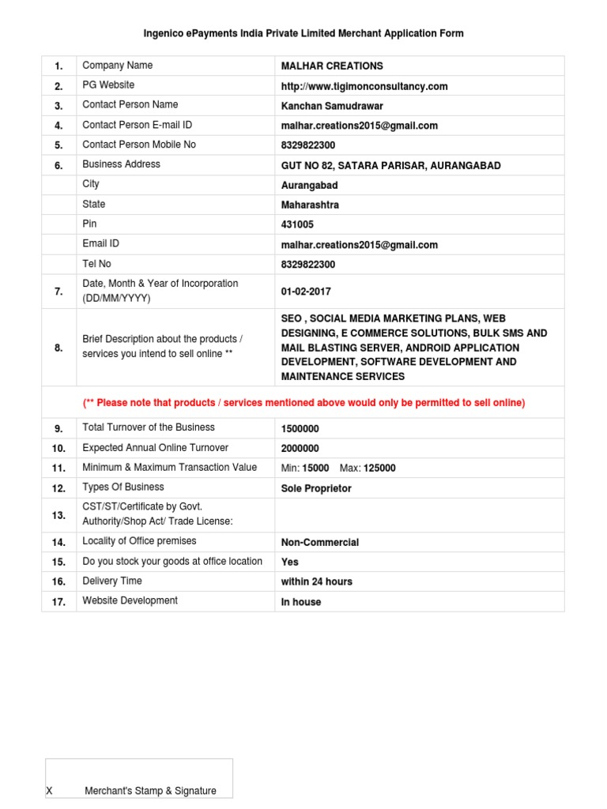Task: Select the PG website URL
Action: coord(364,86)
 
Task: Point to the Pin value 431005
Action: coord(297,224)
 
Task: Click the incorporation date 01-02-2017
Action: coord(306,292)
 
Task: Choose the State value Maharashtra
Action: coord(310,205)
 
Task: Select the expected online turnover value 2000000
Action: coord(300,449)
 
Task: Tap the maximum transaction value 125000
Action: coord(379,468)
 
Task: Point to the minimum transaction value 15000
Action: coord(315,468)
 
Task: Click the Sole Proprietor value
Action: coord(316,488)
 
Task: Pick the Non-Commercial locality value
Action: coord(320,543)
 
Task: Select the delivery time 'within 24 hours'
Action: coord(317,581)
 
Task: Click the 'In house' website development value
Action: coord(301,602)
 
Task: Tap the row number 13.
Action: coord(58,515)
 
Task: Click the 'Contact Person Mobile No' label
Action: coord(139,145)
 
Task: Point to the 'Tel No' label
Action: coord(96,263)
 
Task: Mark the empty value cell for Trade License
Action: coord(419,515)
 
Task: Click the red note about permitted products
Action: coord(303,403)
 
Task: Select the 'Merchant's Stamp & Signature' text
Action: coord(150,791)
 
